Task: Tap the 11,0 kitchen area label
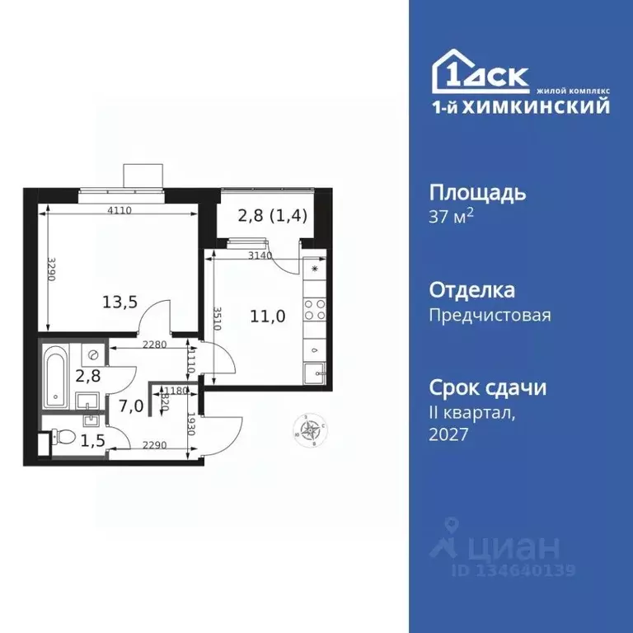click(x=269, y=315)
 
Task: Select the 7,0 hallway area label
click(x=129, y=406)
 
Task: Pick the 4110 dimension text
click(x=120, y=211)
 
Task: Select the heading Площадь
click(x=477, y=194)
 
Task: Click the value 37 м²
click(x=452, y=217)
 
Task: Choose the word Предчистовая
click(x=490, y=314)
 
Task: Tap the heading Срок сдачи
click(x=488, y=387)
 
